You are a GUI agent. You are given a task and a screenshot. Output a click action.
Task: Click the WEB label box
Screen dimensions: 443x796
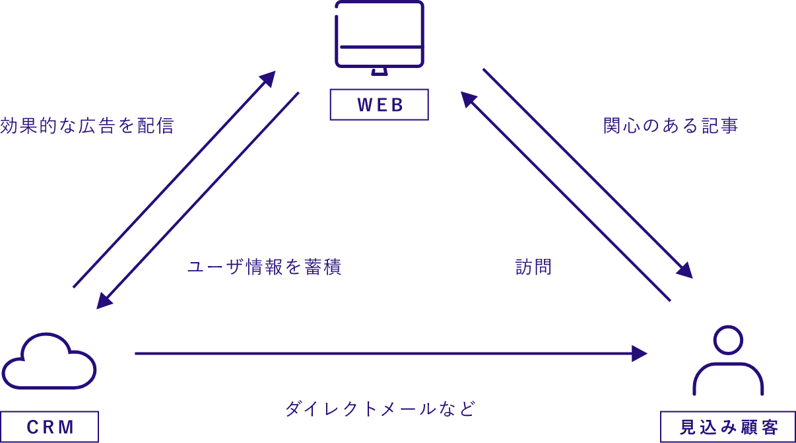click(379, 105)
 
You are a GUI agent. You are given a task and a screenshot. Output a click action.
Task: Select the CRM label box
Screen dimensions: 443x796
click(50, 426)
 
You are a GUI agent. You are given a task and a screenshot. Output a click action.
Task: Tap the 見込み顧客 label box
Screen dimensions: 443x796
click(728, 426)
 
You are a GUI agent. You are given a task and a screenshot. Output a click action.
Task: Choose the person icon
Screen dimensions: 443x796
click(728, 360)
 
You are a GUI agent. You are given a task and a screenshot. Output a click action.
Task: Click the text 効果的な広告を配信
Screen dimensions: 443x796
click(87, 126)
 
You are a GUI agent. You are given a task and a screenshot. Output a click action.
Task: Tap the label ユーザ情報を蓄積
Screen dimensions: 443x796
click(264, 267)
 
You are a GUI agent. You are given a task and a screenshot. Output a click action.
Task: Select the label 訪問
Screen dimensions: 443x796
click(533, 267)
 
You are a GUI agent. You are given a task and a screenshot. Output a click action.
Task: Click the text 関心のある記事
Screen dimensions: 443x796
click(671, 126)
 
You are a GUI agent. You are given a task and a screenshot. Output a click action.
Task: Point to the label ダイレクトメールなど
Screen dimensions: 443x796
click(380, 409)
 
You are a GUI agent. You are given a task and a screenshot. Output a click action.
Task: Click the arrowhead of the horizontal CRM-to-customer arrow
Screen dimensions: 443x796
click(640, 354)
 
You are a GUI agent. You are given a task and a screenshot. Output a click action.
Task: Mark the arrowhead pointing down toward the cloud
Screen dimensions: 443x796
click(104, 300)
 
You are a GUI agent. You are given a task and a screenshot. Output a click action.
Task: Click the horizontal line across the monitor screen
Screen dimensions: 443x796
click(379, 46)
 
